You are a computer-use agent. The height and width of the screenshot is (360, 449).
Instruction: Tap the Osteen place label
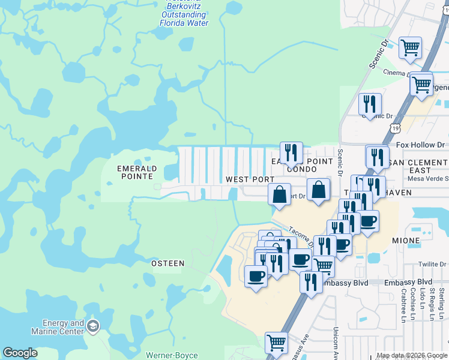pyautogui.click(x=167, y=263)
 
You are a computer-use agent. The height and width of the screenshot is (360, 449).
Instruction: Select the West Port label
pyautogui.click(x=250, y=179)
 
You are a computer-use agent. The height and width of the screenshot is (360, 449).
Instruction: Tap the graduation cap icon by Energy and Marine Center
pyautogui.click(x=93, y=326)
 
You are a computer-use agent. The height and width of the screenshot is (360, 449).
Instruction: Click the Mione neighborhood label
pyautogui.click(x=423, y=240)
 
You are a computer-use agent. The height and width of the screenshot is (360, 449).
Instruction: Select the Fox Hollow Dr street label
pyautogui.click(x=420, y=145)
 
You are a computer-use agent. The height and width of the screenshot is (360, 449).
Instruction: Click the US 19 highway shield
pyautogui.click(x=394, y=127)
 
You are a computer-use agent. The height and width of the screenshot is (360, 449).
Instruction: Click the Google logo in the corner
pyautogui.click(x=20, y=353)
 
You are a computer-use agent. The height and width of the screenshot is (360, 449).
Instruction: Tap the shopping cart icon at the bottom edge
pyautogui.click(x=276, y=343)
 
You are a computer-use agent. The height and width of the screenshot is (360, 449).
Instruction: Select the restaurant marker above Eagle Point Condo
pyautogui.click(x=291, y=152)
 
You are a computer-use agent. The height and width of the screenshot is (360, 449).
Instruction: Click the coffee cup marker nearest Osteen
pyautogui.click(x=256, y=276)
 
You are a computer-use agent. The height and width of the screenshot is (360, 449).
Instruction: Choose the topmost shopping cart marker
pyautogui.click(x=410, y=47)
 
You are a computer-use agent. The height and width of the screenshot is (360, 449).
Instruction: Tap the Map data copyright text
pyautogui.click(x=411, y=355)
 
